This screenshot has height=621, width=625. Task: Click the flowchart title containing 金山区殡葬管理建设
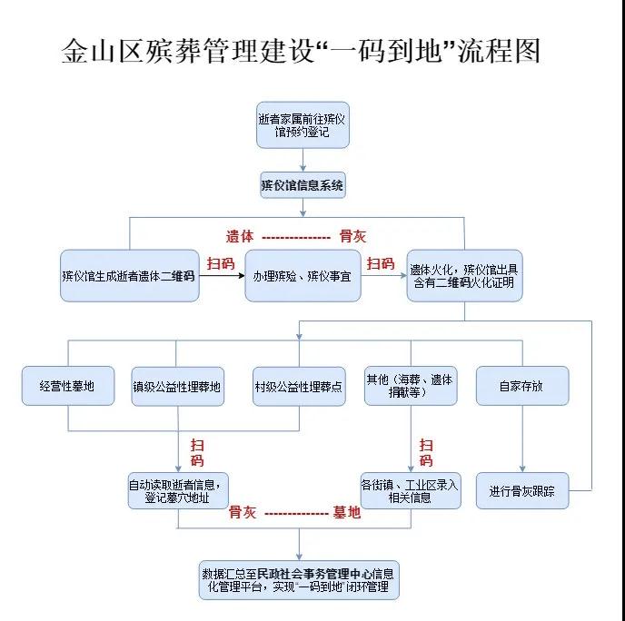click(x=301, y=51)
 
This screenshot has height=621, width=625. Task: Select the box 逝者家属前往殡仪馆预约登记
click(x=302, y=125)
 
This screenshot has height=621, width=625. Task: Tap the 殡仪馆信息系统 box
click(x=302, y=186)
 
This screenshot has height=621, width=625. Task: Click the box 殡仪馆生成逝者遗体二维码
click(x=129, y=275)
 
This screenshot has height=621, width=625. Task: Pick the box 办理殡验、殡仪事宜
click(x=303, y=275)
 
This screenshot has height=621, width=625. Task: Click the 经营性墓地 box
click(x=71, y=386)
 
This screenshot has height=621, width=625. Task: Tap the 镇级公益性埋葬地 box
click(x=177, y=386)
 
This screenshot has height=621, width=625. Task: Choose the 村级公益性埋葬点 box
click(x=299, y=386)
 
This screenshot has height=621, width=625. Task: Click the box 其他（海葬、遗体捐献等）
click(x=409, y=385)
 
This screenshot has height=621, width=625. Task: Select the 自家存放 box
click(x=521, y=386)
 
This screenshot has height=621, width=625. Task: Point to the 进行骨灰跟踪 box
click(x=521, y=491)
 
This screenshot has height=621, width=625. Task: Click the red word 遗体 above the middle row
click(x=240, y=236)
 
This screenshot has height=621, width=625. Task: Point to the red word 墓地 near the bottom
click(x=347, y=513)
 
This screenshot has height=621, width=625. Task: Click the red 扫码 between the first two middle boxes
click(x=220, y=263)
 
